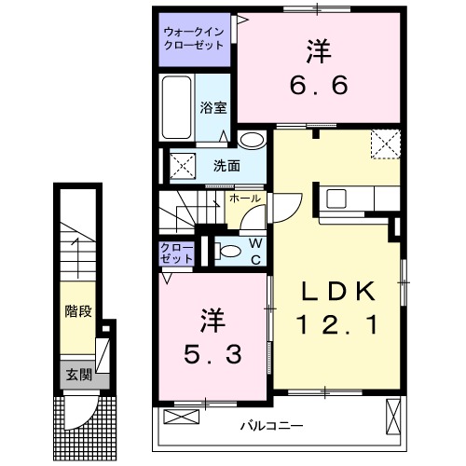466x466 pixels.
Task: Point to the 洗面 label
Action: point(226,167)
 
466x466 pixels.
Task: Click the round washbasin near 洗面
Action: point(251,140)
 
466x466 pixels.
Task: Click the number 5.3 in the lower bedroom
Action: point(212,355)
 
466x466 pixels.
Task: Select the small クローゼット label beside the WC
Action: point(176,252)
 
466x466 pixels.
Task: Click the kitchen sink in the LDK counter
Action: point(336,198)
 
